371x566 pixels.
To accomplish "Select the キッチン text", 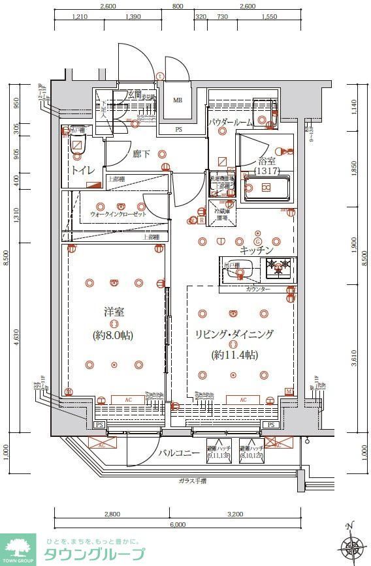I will click(x=256, y=250).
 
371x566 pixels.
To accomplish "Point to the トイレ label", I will click(x=83, y=171).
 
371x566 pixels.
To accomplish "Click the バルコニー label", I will click(x=179, y=452).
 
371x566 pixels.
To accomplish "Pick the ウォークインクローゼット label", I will click(x=118, y=214).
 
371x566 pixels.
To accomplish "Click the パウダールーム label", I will click(x=231, y=122).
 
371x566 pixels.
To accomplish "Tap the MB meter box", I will click(x=178, y=100).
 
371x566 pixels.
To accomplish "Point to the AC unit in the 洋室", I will click(x=127, y=400).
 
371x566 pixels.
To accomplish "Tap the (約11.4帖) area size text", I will click(x=233, y=355).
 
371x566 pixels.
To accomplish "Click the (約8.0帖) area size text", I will click(x=114, y=335).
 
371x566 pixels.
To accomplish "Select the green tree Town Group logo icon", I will click(x=18, y=548).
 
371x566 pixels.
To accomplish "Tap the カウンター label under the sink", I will click(x=258, y=288).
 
